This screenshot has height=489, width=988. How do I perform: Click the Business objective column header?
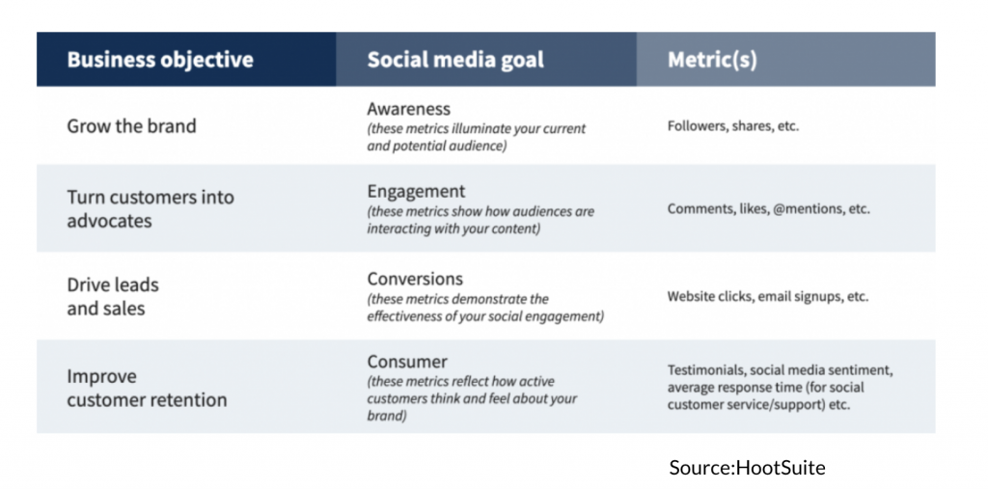[160, 60]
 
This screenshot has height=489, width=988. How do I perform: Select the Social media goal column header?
[455, 60]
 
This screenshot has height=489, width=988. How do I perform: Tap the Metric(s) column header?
[712, 60]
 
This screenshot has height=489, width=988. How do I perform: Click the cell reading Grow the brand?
[131, 126]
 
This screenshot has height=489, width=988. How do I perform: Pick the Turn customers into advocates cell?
[151, 208]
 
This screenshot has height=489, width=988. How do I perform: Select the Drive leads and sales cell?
[113, 296]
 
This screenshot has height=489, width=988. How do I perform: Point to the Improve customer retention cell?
[147, 388]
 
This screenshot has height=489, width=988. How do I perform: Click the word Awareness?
[409, 109]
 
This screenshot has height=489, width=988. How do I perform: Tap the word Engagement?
[417, 192]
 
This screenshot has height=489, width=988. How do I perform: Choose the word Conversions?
[415, 279]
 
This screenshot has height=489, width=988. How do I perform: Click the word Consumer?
[407, 362]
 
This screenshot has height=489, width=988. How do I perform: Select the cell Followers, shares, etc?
[733, 126]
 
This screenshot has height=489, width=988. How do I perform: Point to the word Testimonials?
[706, 370]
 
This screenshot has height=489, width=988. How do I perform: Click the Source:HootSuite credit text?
[748, 468]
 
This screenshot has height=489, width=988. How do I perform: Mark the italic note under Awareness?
[477, 137]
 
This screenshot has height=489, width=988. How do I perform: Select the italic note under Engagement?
[480, 220]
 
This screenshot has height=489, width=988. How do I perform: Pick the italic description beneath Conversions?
[485, 308]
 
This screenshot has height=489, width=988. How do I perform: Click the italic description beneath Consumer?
[472, 399]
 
